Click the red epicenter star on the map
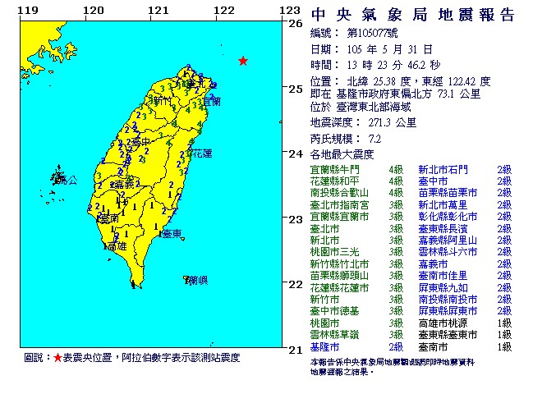242,61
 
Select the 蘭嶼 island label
196,282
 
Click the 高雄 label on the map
117,245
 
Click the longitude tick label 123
288,10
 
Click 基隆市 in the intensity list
324,347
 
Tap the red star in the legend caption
57,359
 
